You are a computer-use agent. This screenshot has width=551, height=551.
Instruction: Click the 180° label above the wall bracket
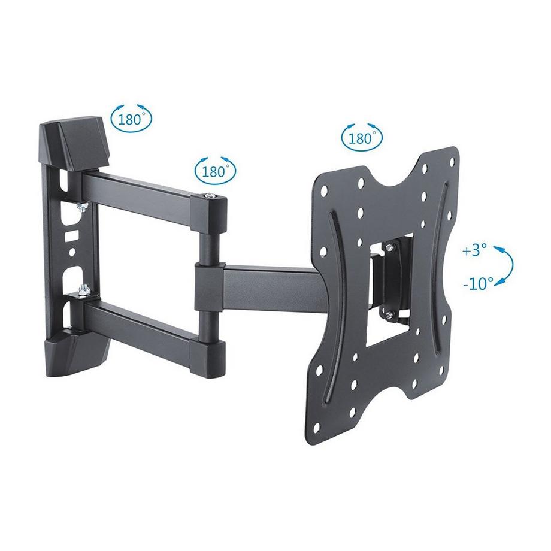[131, 118]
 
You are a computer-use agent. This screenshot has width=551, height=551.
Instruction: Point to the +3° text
[476, 250]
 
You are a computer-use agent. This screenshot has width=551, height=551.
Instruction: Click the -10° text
[477, 283]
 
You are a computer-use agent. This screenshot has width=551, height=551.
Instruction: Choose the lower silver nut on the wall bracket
[83, 292]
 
